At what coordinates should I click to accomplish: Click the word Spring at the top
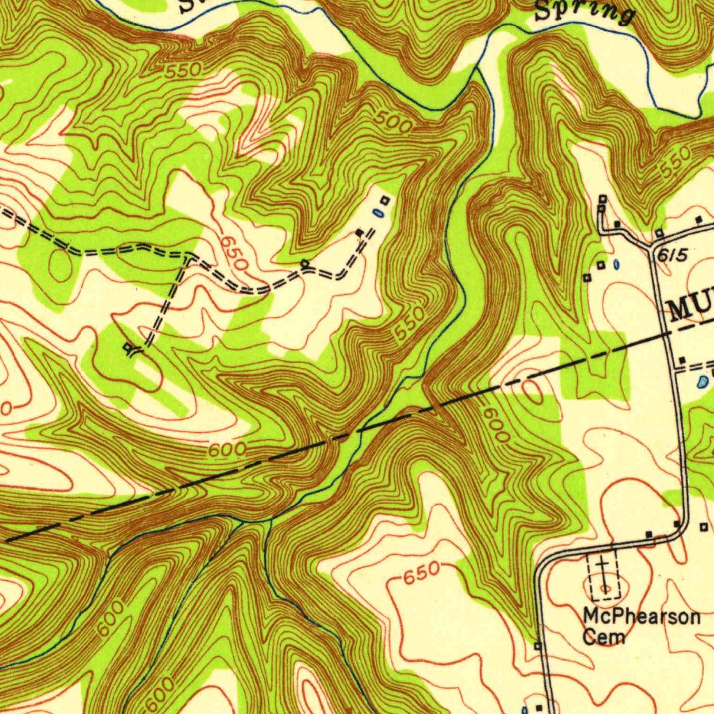584,12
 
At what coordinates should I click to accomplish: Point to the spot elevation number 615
671,257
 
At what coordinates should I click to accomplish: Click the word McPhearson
641,618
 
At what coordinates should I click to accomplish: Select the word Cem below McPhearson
604,637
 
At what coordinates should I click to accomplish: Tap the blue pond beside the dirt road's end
377,213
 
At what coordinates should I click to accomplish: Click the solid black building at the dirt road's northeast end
359,232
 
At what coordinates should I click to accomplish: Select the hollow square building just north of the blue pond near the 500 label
383,201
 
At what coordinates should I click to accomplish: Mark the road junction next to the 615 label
654,246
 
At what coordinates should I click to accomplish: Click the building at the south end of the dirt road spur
128,347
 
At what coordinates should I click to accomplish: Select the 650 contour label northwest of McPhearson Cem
421,572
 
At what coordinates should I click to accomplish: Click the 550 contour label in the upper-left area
184,70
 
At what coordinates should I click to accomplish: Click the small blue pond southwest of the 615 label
617,264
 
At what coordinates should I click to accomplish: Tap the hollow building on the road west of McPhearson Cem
538,646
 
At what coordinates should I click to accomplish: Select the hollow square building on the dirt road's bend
305,264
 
